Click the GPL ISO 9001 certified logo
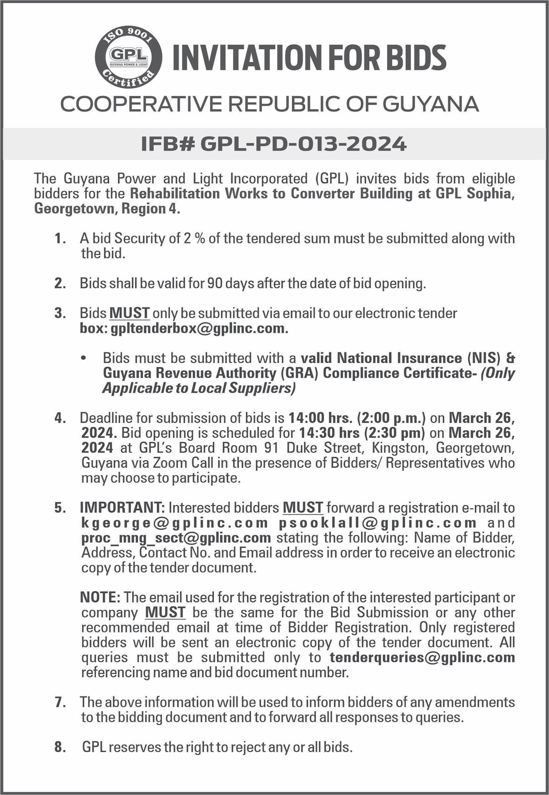point(128,57)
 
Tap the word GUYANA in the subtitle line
point(430,104)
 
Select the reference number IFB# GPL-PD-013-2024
point(274,144)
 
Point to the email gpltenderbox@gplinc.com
point(199,329)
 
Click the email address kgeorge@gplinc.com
point(174,523)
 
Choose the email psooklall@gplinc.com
point(377,523)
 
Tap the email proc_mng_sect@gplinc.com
point(176,538)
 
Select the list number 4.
point(60,418)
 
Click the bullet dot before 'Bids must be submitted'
point(83,358)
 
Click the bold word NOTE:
point(100,597)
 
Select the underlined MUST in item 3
point(129,313)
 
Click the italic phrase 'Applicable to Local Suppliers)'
point(199,388)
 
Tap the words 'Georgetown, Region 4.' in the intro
point(107,209)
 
